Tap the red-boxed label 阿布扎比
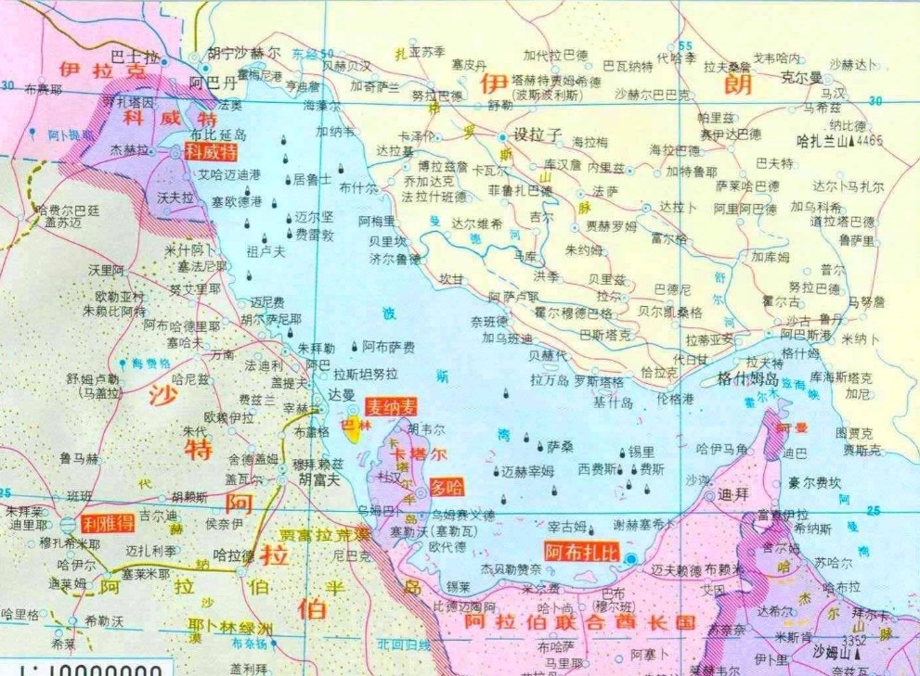point(580,551)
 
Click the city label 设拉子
point(538,134)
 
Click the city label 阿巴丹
point(213,82)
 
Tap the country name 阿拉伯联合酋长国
point(579,621)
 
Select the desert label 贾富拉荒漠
point(325,535)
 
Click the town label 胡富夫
point(319,479)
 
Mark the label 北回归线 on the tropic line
point(404,644)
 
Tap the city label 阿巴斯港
point(806,335)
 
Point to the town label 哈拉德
point(234,555)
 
